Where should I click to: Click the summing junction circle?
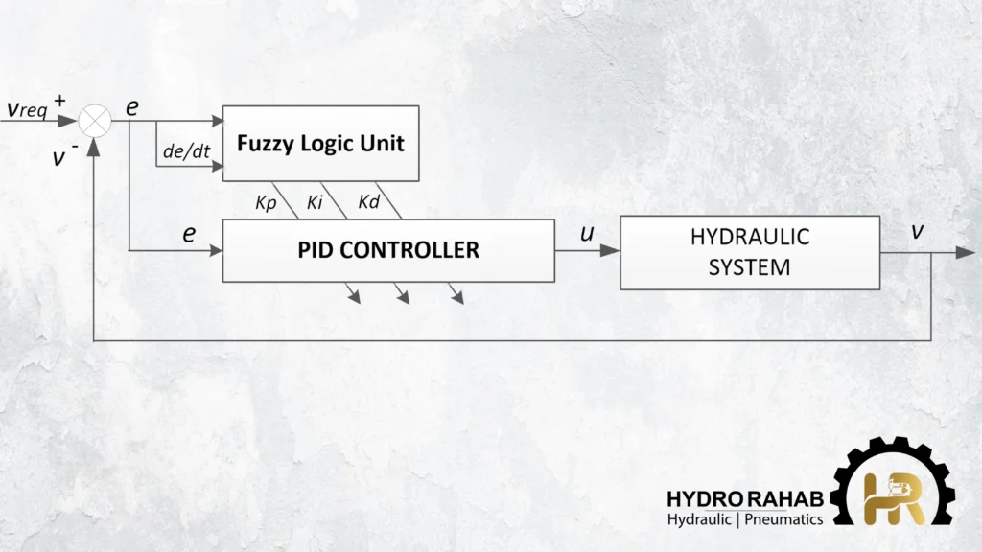[x=95, y=121]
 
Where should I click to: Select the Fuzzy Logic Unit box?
[x=320, y=143]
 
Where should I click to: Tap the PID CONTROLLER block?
[x=388, y=250]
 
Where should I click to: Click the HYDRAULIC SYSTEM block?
[x=749, y=252]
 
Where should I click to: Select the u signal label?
[x=587, y=233]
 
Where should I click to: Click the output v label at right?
[x=919, y=233]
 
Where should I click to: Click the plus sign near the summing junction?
[x=61, y=99]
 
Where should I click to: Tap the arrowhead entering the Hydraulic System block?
[x=611, y=251]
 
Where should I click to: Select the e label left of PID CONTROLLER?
[x=188, y=233]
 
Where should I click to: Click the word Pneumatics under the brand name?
[x=785, y=519]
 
